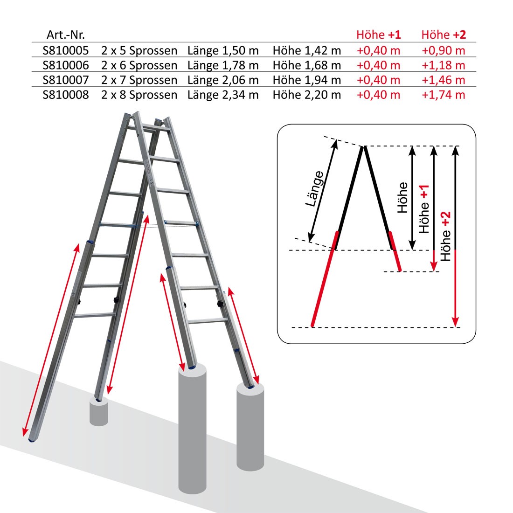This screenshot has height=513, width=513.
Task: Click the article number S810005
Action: [65, 50]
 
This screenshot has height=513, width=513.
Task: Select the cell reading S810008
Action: [65, 95]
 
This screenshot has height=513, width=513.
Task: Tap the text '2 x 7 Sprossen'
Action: [139, 80]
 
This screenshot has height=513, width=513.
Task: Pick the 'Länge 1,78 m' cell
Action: [223, 65]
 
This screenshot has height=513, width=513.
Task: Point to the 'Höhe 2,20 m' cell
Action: [307, 95]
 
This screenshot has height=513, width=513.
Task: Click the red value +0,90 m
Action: [444, 50]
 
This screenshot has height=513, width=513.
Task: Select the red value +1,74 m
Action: [444, 95]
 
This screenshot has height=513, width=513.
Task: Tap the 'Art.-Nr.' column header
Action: [65, 35]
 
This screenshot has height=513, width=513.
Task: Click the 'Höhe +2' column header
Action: [444, 35]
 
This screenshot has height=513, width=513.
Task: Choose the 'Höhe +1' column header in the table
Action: [379, 35]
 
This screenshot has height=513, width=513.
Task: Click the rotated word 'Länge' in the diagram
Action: [315, 189]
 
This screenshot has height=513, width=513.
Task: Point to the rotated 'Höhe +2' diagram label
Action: [445, 236]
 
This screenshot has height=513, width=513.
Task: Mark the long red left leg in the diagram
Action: [324, 279]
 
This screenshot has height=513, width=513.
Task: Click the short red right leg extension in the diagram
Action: [395, 251]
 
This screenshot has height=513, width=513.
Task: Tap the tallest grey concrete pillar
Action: [192, 429]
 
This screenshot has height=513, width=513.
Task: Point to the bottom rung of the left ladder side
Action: [95, 315]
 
